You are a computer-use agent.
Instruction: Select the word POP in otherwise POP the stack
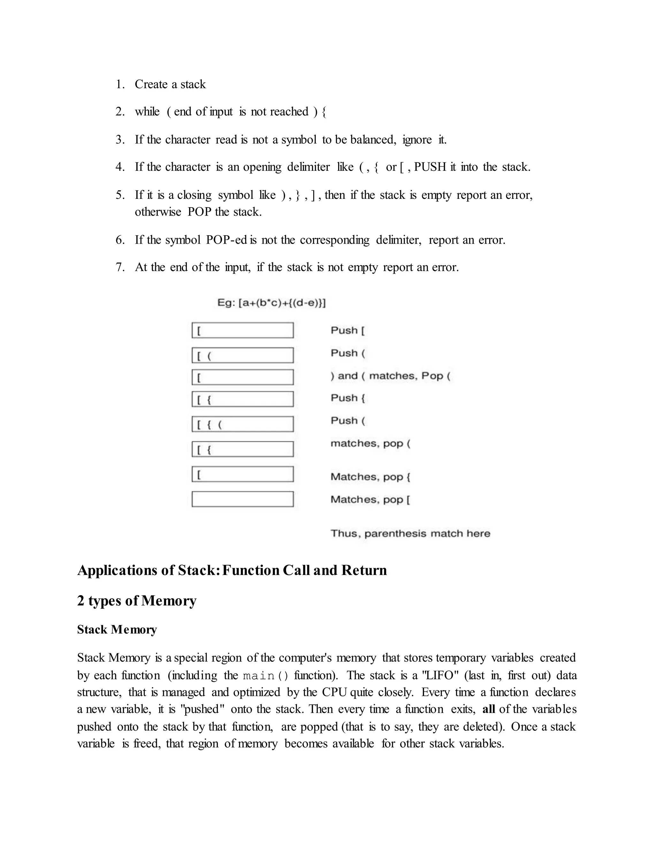(200, 212)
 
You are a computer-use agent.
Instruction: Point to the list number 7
(120, 267)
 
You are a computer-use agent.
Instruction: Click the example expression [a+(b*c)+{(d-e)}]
(282, 303)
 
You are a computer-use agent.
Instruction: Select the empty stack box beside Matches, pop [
(243, 499)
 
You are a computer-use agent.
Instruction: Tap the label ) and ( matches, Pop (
(390, 376)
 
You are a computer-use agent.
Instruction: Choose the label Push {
(347, 398)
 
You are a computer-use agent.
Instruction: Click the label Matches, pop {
(370, 477)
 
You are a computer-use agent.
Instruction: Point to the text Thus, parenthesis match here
(410, 533)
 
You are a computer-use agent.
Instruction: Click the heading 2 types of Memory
(137, 601)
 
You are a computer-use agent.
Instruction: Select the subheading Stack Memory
(117, 630)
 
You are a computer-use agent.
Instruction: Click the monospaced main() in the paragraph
(265, 676)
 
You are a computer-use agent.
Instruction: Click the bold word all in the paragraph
(489, 709)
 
